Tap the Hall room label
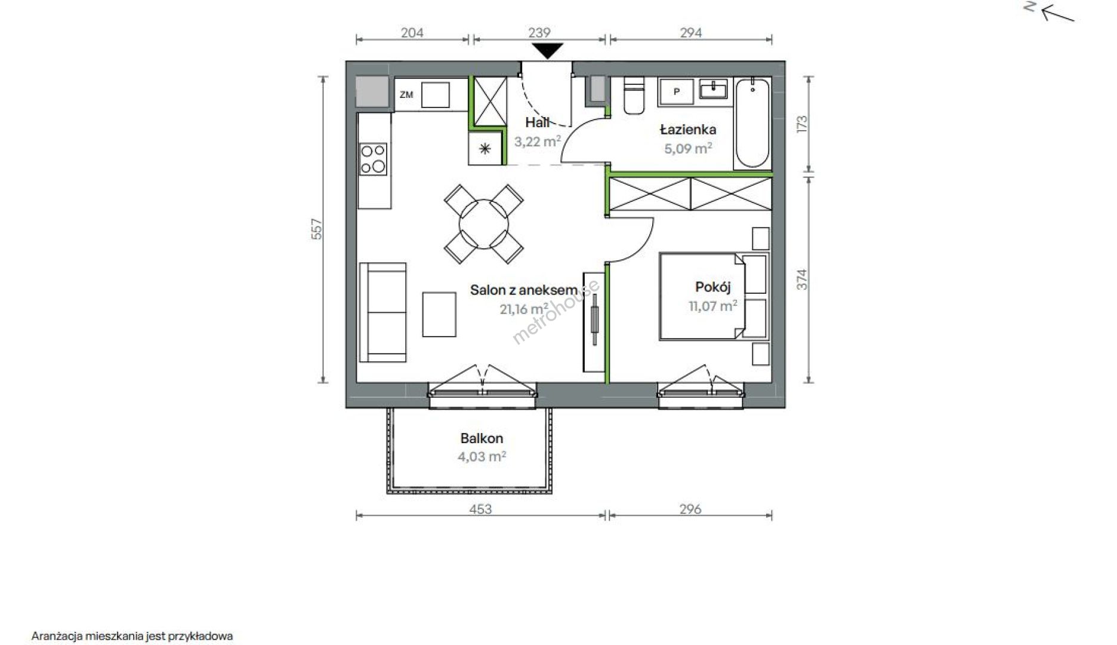click(537, 122)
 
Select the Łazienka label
click(687, 130)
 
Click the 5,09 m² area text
click(688, 148)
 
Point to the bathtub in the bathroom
click(752, 123)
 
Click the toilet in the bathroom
click(634, 95)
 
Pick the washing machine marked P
click(676, 92)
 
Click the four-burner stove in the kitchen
click(373, 159)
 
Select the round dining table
click(484, 224)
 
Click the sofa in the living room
click(382, 312)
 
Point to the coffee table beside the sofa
click(439, 314)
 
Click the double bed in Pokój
click(703, 297)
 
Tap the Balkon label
click(482, 438)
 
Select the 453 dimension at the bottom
click(480, 509)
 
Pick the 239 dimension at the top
click(539, 33)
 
